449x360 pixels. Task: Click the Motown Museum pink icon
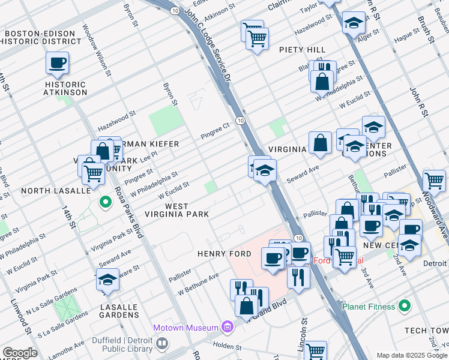pyautogui.click(x=228, y=327)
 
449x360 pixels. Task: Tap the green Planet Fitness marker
pyautogui.click(x=406, y=307)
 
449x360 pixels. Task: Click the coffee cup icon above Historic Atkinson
pyautogui.click(x=58, y=62)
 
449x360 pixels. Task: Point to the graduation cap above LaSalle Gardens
pyautogui.click(x=107, y=280)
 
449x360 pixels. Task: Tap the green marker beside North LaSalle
pyautogui.click(x=106, y=202)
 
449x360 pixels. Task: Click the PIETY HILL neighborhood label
pyautogui.click(x=302, y=50)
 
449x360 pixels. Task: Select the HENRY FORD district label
pyautogui.click(x=224, y=254)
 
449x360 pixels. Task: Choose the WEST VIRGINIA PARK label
pyautogui.click(x=178, y=210)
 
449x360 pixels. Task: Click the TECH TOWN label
pyautogui.click(x=426, y=331)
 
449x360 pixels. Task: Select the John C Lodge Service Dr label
pyautogui.click(x=206, y=42)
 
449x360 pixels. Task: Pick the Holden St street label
pyautogui.click(x=227, y=347)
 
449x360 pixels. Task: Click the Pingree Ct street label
pyautogui.click(x=215, y=130)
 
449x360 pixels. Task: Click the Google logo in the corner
pyautogui.click(x=19, y=353)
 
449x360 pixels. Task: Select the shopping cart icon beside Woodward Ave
pyautogui.click(x=433, y=179)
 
